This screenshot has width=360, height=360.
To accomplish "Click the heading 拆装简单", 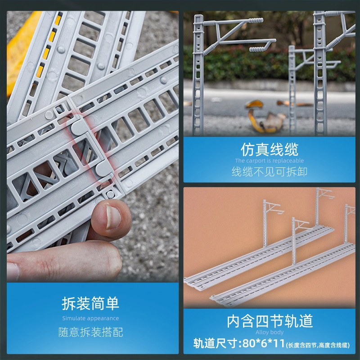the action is point(90,303).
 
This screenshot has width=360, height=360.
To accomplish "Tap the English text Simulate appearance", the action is point(90,318).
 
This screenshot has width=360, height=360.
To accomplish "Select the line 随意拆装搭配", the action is point(90,332).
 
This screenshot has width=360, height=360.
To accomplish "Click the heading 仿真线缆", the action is point(269,149).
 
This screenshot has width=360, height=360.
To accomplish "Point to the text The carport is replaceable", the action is point(269,161).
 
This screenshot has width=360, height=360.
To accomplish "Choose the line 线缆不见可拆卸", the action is point(269,171).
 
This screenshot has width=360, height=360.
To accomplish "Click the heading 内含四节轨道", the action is point(270,321).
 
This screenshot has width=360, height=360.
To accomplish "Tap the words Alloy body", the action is point(270,332).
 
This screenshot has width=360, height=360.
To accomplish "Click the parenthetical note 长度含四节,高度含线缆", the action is point(318,345).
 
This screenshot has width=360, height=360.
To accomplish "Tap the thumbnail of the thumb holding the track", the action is point(112,217).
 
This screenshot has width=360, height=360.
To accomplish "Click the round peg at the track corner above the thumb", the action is point(110,194).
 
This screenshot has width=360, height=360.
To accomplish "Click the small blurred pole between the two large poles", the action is point(292,90).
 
